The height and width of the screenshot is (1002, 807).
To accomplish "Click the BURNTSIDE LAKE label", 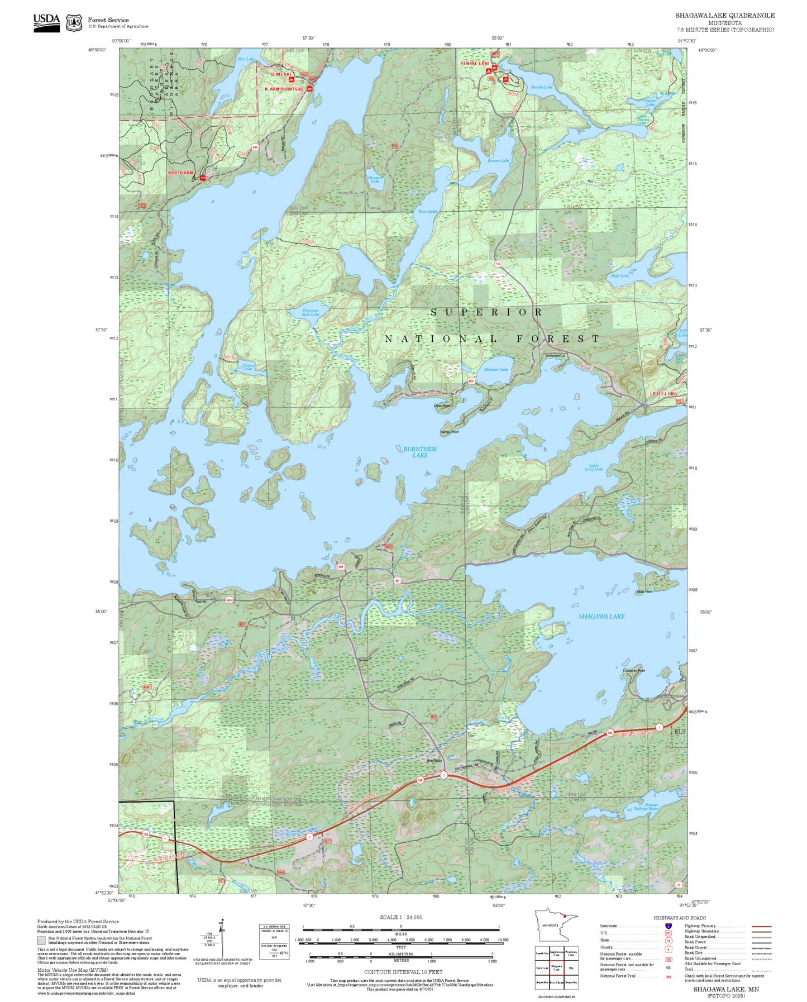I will pos(420,452).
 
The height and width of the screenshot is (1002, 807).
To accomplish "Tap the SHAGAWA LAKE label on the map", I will pos(601,616).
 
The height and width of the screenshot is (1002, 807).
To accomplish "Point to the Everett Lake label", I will pos(498,161).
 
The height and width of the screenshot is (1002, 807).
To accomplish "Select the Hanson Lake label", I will pos(375,179).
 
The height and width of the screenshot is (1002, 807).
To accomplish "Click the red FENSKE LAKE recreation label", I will pos(475,64).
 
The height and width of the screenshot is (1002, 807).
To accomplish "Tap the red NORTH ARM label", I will pos(180,173).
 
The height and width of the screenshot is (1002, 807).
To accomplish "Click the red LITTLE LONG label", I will pos(663,394).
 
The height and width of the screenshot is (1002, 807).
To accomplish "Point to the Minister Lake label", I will pos(495,370).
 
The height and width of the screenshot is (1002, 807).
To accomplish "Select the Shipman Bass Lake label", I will pos(310,312).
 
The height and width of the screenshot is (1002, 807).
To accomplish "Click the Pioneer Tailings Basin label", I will pos(646,807).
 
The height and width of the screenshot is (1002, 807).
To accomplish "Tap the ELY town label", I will pos(680,731).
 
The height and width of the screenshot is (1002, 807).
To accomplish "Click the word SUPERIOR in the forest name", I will pos(486,312).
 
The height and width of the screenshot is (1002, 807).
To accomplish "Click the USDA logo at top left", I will pos(46,22).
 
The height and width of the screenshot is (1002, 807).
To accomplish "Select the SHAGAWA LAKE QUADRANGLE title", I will pos(724,16).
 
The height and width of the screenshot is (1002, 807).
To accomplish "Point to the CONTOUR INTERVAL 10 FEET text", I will pos(403,972).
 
